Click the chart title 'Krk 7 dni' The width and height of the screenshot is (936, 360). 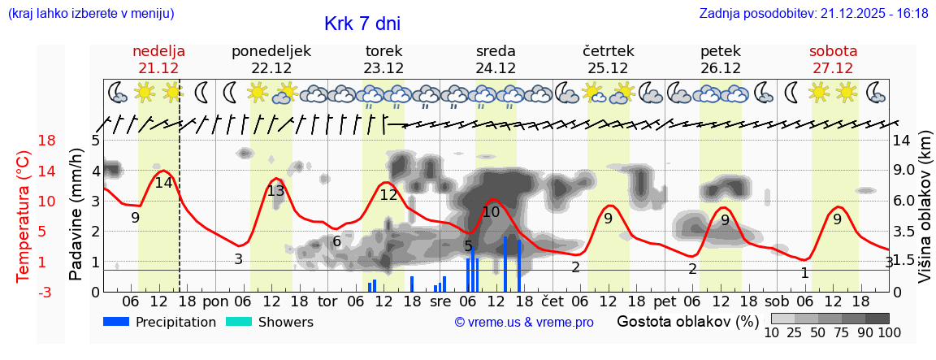362,24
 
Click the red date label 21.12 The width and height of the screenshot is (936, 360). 158,68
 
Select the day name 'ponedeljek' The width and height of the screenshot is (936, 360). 271,51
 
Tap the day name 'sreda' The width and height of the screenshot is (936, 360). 496,51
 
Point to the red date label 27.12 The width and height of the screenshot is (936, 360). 833,68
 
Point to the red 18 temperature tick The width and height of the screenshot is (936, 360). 24,141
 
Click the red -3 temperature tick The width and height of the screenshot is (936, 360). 24,292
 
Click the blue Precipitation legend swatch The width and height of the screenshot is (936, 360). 116,322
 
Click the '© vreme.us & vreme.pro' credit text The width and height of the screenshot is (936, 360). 524,322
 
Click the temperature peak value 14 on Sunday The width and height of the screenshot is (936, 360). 163,183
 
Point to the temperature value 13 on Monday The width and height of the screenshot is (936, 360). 275,191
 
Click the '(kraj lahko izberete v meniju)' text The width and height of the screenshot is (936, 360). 90,14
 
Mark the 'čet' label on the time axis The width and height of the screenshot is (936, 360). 552,302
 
